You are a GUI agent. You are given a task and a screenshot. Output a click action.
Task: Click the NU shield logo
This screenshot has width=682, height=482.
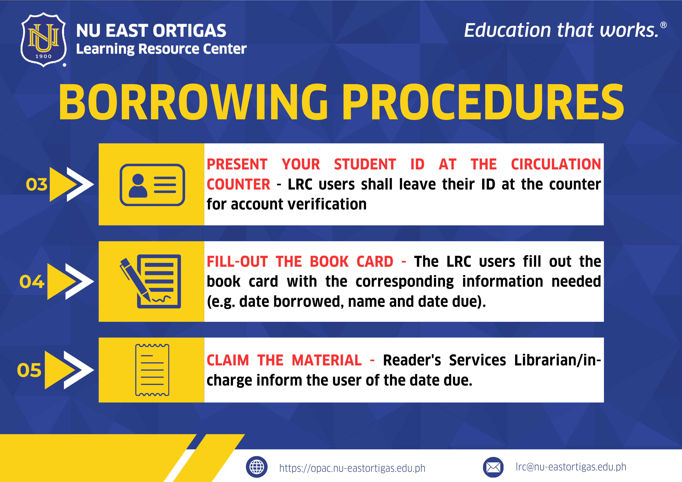tap(43, 40)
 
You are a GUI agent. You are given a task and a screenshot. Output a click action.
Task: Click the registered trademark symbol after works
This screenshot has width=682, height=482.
tap(663, 25)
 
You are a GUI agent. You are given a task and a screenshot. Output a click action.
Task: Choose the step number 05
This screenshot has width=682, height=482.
tap(29, 370)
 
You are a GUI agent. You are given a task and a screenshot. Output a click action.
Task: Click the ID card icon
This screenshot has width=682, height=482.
tap(152, 185)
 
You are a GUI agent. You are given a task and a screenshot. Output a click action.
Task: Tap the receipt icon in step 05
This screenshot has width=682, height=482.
tap(152, 370)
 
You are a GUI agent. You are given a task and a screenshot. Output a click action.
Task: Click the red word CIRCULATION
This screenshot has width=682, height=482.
tap(556, 164)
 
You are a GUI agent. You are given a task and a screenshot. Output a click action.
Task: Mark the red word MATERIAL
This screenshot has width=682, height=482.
tap(327, 360)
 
